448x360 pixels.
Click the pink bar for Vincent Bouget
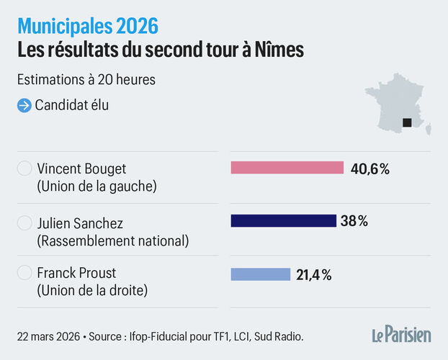[x=287, y=168]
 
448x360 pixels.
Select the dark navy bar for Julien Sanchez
[x=283, y=221]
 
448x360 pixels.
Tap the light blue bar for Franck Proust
[x=260, y=274]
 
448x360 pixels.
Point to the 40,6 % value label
[x=370, y=168]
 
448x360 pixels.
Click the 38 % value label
[x=354, y=221]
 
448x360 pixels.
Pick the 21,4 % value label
[x=313, y=274]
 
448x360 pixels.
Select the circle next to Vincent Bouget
[x=24, y=169]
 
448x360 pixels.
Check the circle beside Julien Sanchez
[x=24, y=222]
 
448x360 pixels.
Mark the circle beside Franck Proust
[x=24, y=274]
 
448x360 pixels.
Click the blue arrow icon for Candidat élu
[x=24, y=105]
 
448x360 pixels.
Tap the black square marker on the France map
[x=407, y=122]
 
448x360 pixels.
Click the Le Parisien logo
[x=401, y=335]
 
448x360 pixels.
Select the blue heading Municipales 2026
[x=88, y=27]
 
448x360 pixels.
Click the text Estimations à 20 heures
[x=86, y=79]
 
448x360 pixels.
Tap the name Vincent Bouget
[x=81, y=169]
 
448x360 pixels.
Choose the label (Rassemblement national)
[x=112, y=240]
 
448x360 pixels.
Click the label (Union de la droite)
[x=92, y=292]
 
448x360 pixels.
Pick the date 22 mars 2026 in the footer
[x=48, y=336]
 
